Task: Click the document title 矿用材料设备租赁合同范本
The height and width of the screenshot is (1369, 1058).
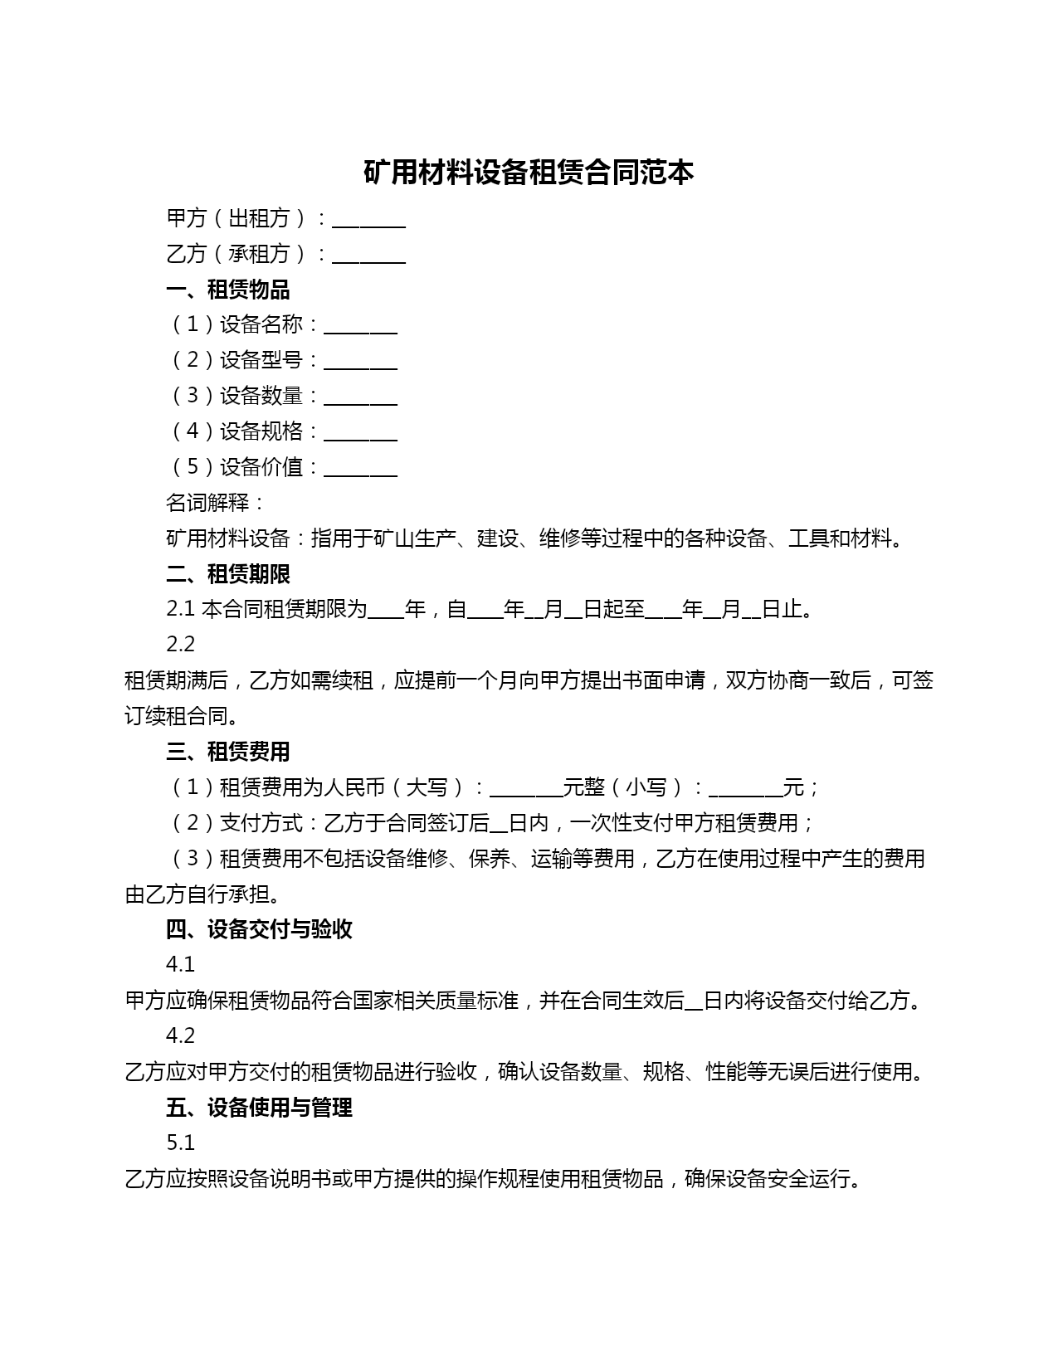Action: [x=529, y=173]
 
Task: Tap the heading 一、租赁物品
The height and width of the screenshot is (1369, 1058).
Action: [x=227, y=290]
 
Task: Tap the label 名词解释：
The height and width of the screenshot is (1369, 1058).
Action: [x=216, y=503]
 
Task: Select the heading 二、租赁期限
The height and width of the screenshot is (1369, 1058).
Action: [x=227, y=574]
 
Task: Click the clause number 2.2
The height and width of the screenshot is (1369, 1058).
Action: [x=180, y=645]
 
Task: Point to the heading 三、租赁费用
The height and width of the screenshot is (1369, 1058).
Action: [x=227, y=752]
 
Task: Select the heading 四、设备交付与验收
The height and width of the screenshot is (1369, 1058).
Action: [x=259, y=929]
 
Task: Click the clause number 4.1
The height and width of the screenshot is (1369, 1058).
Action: [x=180, y=965]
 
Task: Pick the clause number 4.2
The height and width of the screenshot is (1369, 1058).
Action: [x=180, y=1036]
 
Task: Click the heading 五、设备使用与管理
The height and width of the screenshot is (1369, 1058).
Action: [x=259, y=1108]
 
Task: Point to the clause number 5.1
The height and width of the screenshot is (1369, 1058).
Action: [x=180, y=1143]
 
